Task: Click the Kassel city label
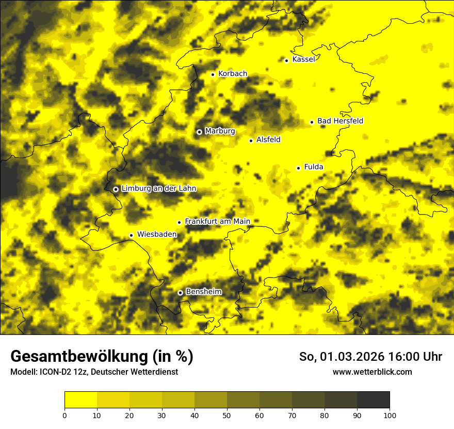[303, 59]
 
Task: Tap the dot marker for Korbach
[213, 74]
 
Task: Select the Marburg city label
[220, 131]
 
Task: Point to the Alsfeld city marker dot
[251, 141]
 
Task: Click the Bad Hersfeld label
[340, 121]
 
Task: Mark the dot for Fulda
[298, 168]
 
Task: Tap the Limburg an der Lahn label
[159, 189]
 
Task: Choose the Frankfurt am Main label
[217, 222]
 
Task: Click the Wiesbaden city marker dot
[132, 235]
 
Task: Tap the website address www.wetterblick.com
[372, 372]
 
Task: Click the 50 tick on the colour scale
[227, 415]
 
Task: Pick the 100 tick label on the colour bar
[390, 415]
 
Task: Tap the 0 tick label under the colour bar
[64, 415]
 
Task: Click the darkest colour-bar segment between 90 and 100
[373, 400]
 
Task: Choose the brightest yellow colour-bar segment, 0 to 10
[80, 400]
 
